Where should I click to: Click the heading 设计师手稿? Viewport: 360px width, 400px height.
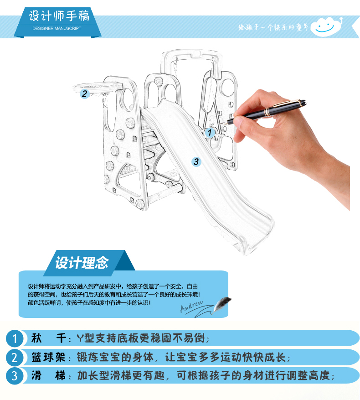click(x=59, y=16)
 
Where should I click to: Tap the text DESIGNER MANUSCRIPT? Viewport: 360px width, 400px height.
click(x=57, y=28)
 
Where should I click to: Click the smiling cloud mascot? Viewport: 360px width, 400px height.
click(x=327, y=26)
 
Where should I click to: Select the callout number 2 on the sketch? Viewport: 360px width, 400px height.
click(x=84, y=94)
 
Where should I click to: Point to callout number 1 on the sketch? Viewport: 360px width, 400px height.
click(x=210, y=132)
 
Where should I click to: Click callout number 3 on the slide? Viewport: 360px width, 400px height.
click(x=196, y=161)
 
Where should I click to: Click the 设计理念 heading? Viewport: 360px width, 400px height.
click(x=82, y=263)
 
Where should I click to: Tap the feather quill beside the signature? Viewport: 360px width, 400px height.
click(x=221, y=305)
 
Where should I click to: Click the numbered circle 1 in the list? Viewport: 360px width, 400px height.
click(x=15, y=338)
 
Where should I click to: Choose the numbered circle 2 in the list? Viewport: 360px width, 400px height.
click(x=15, y=358)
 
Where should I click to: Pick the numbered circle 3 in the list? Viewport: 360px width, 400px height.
click(x=15, y=376)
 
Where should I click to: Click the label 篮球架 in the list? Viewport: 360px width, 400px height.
click(x=48, y=357)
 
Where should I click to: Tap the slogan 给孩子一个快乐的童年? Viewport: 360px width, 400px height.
click(x=273, y=27)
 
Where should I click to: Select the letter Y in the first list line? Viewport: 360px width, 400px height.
click(x=80, y=338)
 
